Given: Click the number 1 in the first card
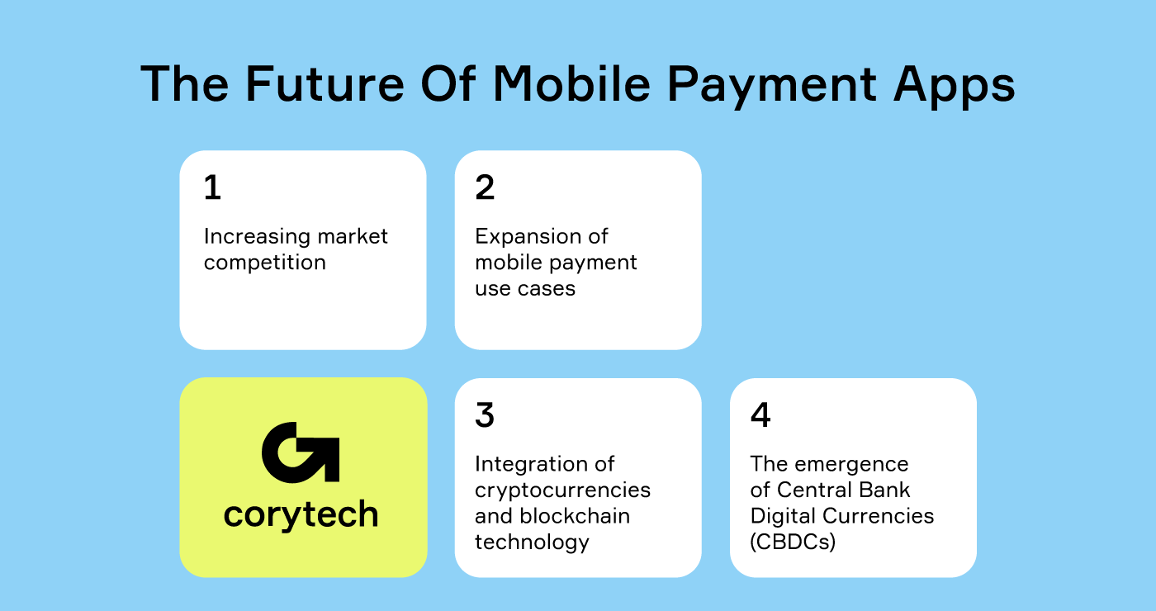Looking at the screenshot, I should coord(212,188).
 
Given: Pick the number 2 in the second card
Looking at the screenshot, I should coord(485,188).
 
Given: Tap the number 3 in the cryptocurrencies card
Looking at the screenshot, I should coord(485,415).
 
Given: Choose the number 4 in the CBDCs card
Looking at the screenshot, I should coord(760,415).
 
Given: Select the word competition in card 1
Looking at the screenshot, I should coord(265,263).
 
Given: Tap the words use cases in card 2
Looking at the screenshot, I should coord(525,289).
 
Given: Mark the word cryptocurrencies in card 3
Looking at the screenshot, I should coord(562,490).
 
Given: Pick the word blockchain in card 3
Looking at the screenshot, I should coord(574,516).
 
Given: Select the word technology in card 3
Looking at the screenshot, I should coord(532,542).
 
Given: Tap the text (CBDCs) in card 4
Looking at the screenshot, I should coord(793,542).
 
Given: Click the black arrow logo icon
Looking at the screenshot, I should coord(301,452).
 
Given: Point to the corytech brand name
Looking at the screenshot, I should coord(301,514).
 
